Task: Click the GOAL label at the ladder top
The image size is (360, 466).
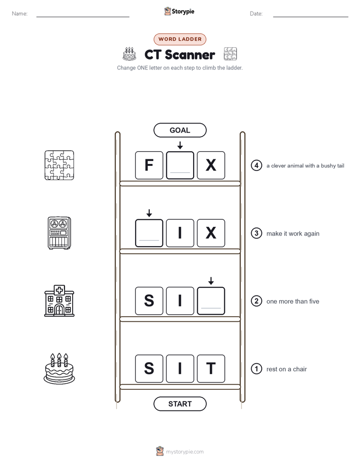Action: coord(179,130)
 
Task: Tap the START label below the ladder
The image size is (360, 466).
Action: coord(179,404)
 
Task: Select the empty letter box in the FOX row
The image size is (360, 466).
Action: coord(180,165)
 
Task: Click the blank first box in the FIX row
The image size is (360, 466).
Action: coord(149,233)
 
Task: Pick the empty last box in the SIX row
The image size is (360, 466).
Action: coord(211,301)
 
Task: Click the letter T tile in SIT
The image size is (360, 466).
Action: coord(211,369)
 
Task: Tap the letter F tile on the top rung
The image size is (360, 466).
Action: coord(149,165)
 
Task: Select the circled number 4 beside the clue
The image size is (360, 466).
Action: coord(256,165)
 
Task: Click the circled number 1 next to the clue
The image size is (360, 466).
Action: coord(256,369)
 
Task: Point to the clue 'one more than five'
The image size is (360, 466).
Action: coord(292,302)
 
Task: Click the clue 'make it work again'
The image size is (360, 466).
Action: coord(293,234)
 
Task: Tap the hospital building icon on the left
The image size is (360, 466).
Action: coord(59,301)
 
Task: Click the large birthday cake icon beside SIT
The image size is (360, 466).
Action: coord(59,369)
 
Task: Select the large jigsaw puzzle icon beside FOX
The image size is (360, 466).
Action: coord(59,165)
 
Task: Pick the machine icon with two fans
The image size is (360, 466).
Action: coord(59,233)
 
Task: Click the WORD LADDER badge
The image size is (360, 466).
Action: coord(179,39)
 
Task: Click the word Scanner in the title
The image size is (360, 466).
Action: coord(190,54)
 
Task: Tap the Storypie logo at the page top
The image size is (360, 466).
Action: coord(179,11)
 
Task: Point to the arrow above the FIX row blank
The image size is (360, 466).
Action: coord(149,213)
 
